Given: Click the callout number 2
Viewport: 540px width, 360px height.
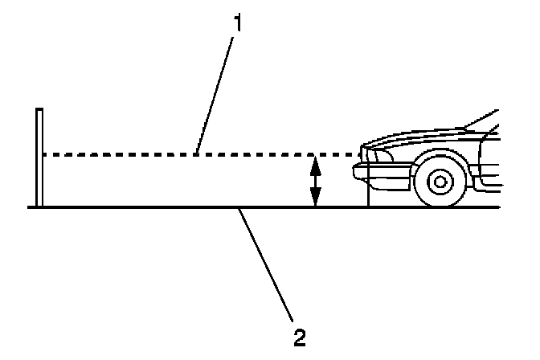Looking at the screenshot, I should click(299, 334).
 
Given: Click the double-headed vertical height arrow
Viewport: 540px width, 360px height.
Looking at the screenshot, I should click(316, 182).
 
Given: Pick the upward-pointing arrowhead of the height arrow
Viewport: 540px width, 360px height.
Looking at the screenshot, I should click(316, 163).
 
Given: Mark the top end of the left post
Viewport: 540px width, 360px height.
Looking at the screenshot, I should click(39, 110).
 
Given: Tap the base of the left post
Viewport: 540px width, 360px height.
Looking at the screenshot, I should click(39, 205).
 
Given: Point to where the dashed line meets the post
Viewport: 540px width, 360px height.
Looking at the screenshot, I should click(42, 154).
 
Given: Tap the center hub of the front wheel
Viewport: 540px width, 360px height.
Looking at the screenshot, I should click(440, 181).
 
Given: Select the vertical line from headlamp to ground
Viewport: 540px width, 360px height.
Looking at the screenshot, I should click(367, 189).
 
